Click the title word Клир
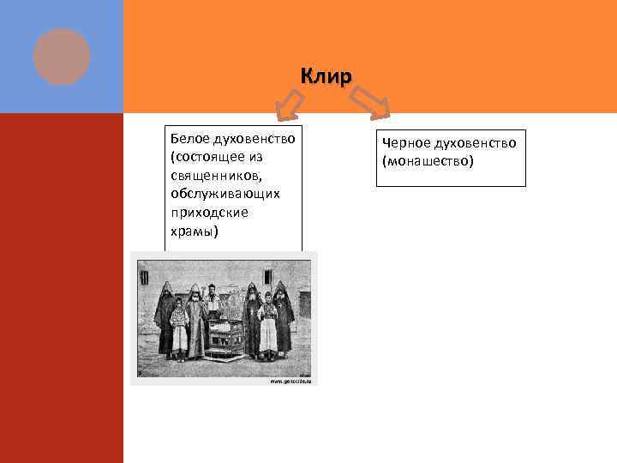[326, 77]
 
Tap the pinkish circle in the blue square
[62, 57]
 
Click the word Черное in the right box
[404, 142]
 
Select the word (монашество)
[428, 160]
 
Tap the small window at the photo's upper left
[145, 278]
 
